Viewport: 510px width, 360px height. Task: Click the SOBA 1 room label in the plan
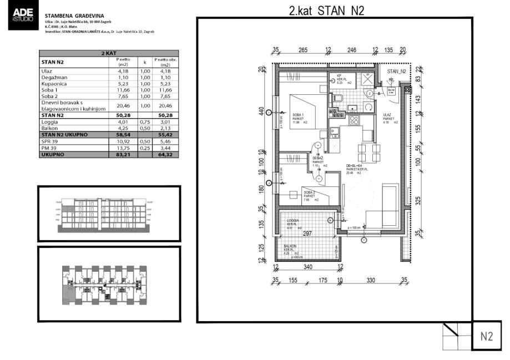(299, 115)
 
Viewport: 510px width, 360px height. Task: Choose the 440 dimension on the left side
(261, 110)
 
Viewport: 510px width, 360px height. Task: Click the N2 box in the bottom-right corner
(487, 336)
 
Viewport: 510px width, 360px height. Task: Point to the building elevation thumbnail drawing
(109, 214)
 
